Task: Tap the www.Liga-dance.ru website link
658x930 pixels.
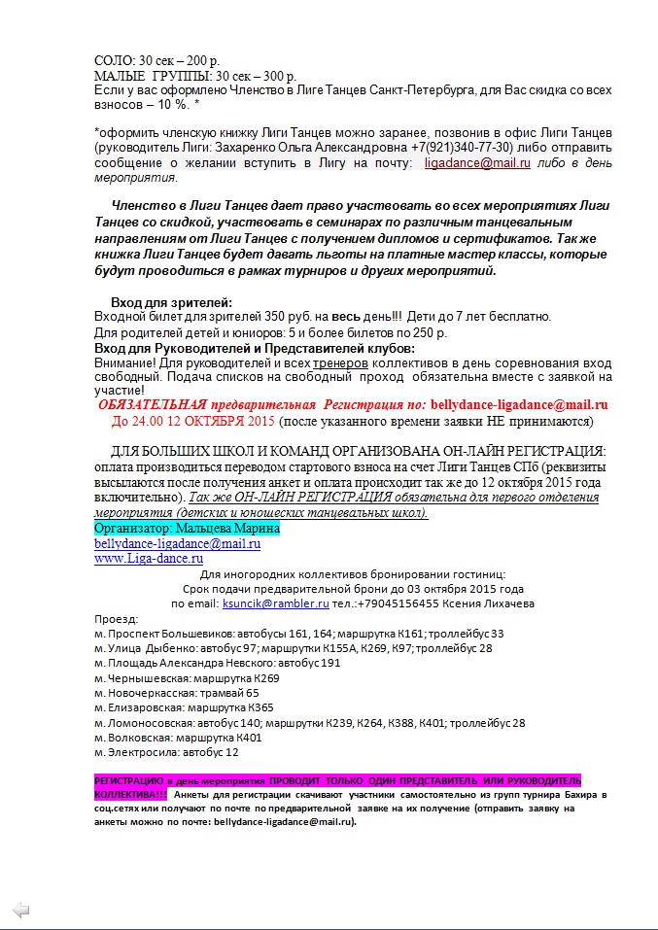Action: (x=148, y=559)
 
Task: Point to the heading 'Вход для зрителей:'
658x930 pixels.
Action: (x=172, y=302)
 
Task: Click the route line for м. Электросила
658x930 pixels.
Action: (x=166, y=752)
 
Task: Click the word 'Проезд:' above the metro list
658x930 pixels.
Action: (x=117, y=618)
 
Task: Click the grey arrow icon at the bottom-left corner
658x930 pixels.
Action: (x=21, y=910)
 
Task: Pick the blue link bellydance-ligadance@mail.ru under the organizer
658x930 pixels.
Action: (x=177, y=543)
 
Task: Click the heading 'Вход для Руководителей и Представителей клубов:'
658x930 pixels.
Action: (x=255, y=348)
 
